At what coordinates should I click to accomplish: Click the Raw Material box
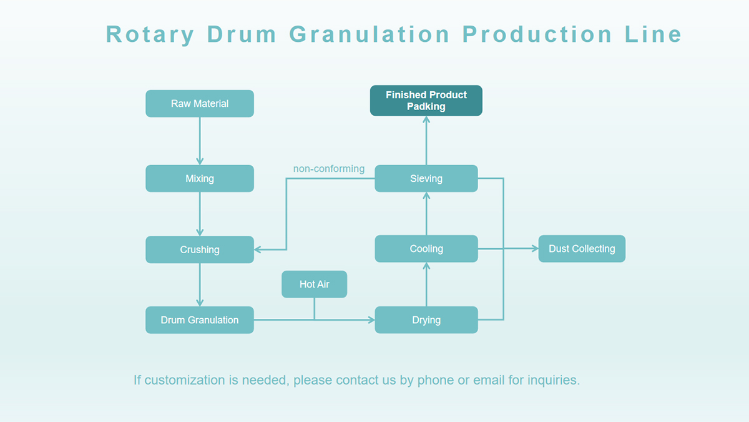200,104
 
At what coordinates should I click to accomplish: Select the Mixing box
200,178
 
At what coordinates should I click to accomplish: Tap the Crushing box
200,249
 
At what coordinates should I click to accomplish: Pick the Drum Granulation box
200,320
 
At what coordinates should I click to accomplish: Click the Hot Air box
315,284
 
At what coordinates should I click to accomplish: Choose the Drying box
426,320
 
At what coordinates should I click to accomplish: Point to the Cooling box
426,249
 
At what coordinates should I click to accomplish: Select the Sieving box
426,178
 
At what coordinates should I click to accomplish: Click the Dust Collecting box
582,249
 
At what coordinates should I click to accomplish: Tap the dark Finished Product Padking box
426,101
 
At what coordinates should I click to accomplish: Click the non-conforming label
329,168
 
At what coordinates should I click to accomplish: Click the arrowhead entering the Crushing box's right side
257,249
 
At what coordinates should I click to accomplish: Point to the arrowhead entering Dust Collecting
535,249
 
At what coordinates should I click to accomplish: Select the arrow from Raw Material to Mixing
200,141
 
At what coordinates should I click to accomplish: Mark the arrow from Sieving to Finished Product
426,140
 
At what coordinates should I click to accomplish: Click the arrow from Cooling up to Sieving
426,213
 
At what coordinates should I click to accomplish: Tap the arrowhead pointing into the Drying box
371,320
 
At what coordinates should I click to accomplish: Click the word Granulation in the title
370,34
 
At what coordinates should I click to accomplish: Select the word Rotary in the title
150,35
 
